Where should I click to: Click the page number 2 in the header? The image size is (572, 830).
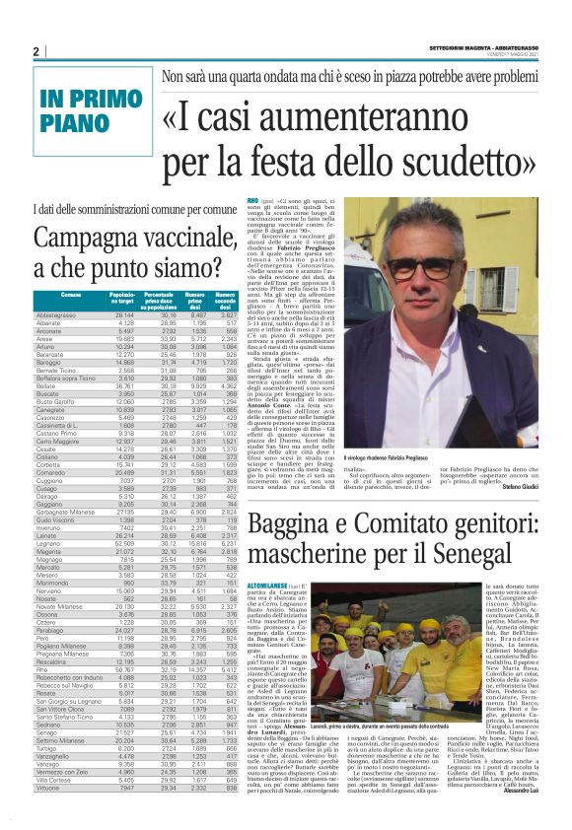36,51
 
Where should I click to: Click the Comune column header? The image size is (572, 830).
70,296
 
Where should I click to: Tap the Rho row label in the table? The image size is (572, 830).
40,697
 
